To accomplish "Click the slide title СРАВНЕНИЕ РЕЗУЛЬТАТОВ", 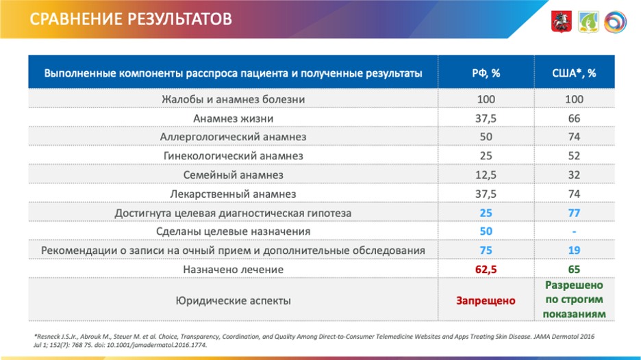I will [x=131, y=18].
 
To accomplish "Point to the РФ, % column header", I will [x=486, y=73].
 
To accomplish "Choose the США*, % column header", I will [x=574, y=73].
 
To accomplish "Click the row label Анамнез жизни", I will [x=233, y=118].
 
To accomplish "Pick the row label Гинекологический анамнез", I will [x=233, y=156].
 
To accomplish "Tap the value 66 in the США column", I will [x=574, y=118].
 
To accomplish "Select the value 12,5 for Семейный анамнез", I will [x=486, y=175].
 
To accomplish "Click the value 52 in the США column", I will [x=574, y=156].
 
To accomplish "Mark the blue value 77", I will [x=574, y=213].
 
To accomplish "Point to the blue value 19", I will [x=574, y=250].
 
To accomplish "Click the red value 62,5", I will [x=486, y=270].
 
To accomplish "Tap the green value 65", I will [x=574, y=270].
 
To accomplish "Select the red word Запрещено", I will [x=486, y=300].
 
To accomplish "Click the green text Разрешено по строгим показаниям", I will [x=574, y=299].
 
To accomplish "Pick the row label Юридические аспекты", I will [x=233, y=300].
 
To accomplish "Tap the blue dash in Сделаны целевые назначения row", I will [x=574, y=232].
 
